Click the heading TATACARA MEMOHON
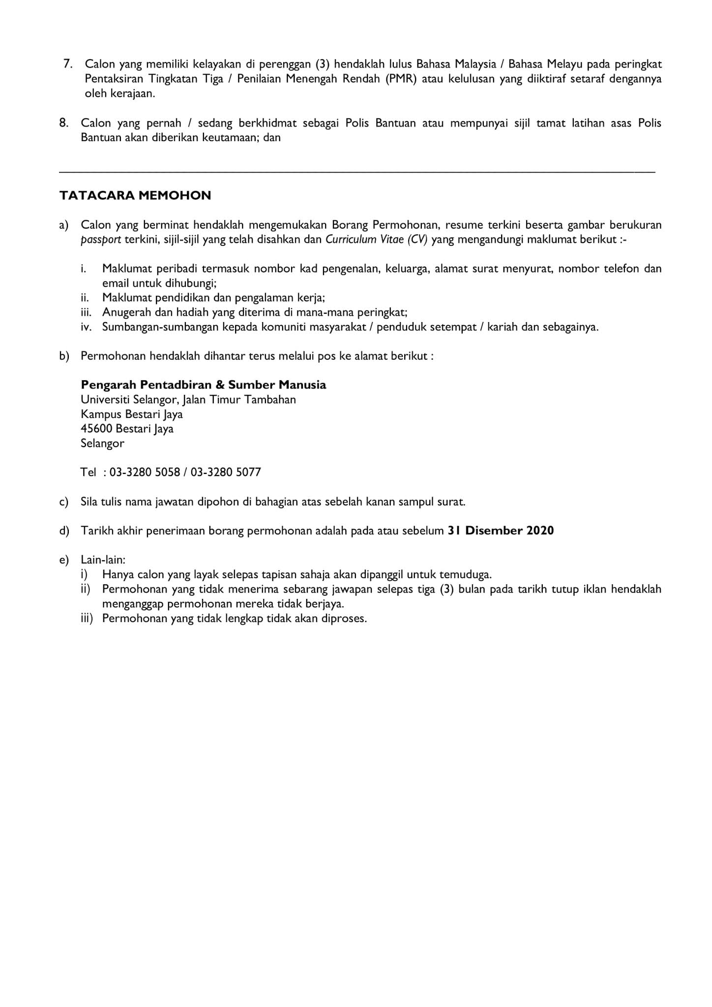(x=135, y=196)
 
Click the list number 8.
(x=64, y=122)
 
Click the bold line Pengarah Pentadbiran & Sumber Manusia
(x=203, y=385)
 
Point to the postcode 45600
(x=96, y=428)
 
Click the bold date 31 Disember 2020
(x=501, y=531)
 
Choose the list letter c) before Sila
(x=63, y=502)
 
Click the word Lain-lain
(x=103, y=560)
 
